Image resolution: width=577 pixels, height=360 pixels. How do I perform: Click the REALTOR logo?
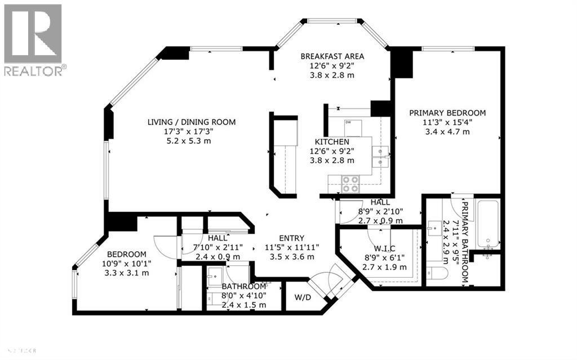pos(33,39)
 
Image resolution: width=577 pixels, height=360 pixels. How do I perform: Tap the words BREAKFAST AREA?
pos(332,56)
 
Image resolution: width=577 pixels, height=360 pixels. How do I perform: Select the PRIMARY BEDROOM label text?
pos(447,113)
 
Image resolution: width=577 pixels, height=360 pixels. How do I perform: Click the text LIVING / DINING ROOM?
pos(192,122)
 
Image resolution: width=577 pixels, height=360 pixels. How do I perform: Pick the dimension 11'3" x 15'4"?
pos(447,122)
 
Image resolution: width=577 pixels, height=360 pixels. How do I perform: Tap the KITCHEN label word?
pos(332,141)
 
